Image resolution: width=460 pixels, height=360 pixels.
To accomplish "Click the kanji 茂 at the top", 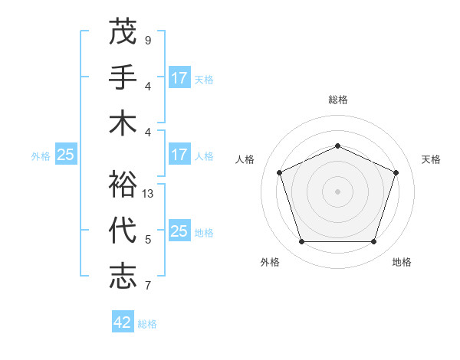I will [x=123, y=32].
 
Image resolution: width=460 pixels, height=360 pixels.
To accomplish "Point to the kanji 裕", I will [x=123, y=185].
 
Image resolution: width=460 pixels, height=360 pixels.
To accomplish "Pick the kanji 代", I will [x=123, y=231].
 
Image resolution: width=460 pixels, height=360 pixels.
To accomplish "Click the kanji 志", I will [x=123, y=276].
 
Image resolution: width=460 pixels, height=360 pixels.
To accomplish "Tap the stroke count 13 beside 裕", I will [x=148, y=194].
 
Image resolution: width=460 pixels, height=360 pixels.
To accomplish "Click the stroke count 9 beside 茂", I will [x=148, y=40].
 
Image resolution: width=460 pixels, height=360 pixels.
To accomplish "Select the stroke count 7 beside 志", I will [x=148, y=286].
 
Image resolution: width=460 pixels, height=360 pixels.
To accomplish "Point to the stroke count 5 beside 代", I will [x=148, y=240].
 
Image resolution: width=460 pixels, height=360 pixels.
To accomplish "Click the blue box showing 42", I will [x=123, y=322].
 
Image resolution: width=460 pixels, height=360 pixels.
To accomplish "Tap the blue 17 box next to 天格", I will [x=179, y=78].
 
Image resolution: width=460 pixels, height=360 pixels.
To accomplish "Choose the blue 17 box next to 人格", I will [x=179, y=155].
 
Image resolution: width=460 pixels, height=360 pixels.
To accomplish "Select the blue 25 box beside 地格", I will [x=179, y=231].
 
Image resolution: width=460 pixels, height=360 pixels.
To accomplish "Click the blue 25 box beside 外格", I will [x=66, y=155].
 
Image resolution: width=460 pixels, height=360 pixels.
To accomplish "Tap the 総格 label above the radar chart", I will [x=337, y=100].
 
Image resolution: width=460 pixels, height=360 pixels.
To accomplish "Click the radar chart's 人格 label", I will [x=245, y=159].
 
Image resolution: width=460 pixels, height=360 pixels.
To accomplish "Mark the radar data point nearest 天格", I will [x=396, y=172].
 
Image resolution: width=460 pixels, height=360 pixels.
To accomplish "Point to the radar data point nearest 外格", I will [x=301, y=242].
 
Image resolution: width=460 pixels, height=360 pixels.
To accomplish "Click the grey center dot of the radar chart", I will [x=337, y=191].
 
